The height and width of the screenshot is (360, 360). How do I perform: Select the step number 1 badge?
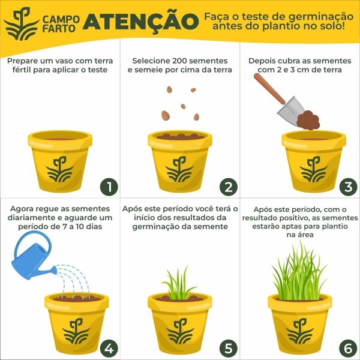(x=108, y=187)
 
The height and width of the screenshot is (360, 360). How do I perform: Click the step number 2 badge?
(x=228, y=187)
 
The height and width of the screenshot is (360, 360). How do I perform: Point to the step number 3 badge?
(x=348, y=187)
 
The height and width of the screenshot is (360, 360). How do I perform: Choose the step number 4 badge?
(x=108, y=347)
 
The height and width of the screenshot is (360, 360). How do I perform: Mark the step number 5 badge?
(x=228, y=347)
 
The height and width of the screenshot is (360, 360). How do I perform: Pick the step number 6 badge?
(x=348, y=347)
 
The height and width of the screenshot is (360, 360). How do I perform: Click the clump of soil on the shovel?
(x=310, y=119)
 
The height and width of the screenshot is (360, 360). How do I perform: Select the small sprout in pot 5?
(x=179, y=285)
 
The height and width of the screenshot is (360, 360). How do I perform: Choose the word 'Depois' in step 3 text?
(x=263, y=61)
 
